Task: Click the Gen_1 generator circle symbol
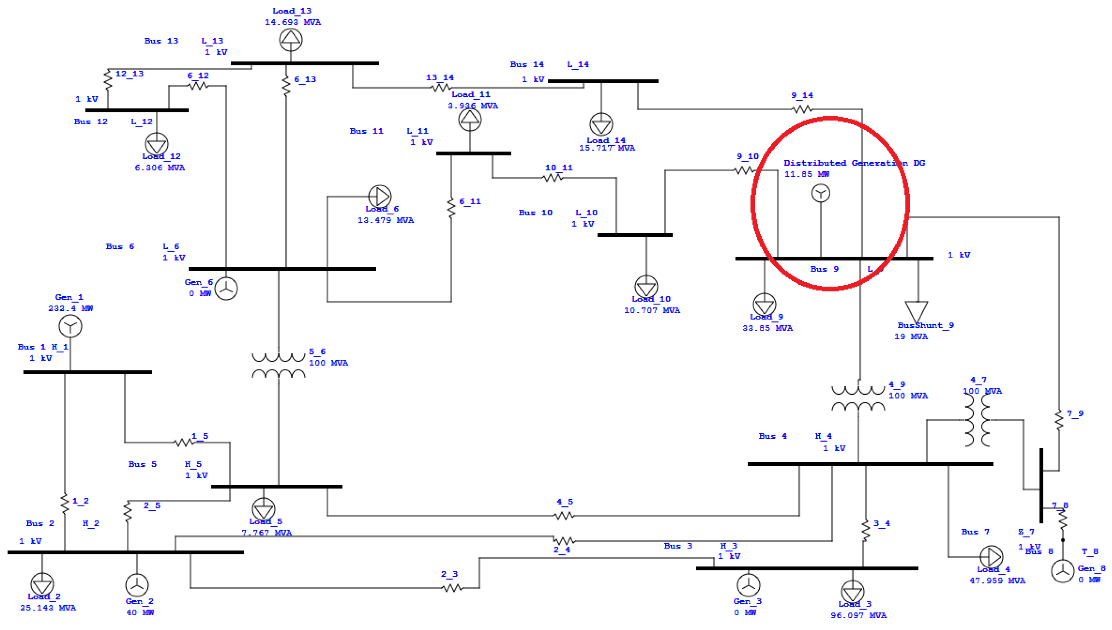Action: (x=70, y=326)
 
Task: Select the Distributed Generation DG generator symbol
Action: (x=820, y=193)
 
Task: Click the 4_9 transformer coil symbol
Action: (x=858, y=399)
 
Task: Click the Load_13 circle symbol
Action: (x=291, y=40)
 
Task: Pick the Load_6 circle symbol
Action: (x=380, y=196)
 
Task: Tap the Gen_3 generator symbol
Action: (x=748, y=585)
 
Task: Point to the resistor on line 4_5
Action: (x=564, y=515)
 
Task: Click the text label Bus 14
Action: (x=527, y=64)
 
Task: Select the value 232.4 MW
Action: (x=70, y=309)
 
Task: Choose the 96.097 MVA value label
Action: (x=858, y=615)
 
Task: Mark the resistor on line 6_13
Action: (x=286, y=86)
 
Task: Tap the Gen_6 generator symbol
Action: (x=226, y=289)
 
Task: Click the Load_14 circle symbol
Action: (x=601, y=125)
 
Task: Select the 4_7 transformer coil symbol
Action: (x=977, y=420)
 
